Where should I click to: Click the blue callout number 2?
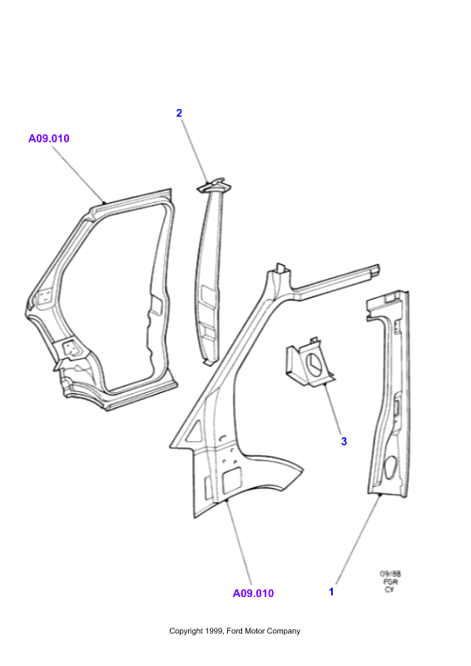pyautogui.click(x=179, y=113)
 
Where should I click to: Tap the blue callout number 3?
pyautogui.click(x=344, y=441)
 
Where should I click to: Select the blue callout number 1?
pyautogui.click(x=331, y=591)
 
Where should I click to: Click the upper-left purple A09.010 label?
pyautogui.click(x=49, y=138)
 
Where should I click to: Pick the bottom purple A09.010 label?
pyautogui.click(x=253, y=594)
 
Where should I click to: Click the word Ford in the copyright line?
pyautogui.click(x=234, y=631)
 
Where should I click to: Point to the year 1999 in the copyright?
pyautogui.click(x=216, y=631)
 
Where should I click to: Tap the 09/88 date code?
pyautogui.click(x=390, y=574)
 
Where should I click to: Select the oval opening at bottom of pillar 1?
pyautogui.click(x=390, y=467)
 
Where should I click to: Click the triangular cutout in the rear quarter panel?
pyautogui.click(x=195, y=430)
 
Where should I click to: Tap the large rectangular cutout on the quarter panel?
pyautogui.click(x=232, y=481)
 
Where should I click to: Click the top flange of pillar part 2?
pyautogui.click(x=214, y=185)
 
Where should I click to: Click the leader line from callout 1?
pyautogui.click(x=358, y=539)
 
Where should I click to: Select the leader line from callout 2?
pyautogui.click(x=195, y=152)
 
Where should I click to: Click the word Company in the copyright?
pyautogui.click(x=283, y=632)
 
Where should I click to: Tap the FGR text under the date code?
pyautogui.click(x=390, y=582)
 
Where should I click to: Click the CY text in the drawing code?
pyautogui.click(x=389, y=589)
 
